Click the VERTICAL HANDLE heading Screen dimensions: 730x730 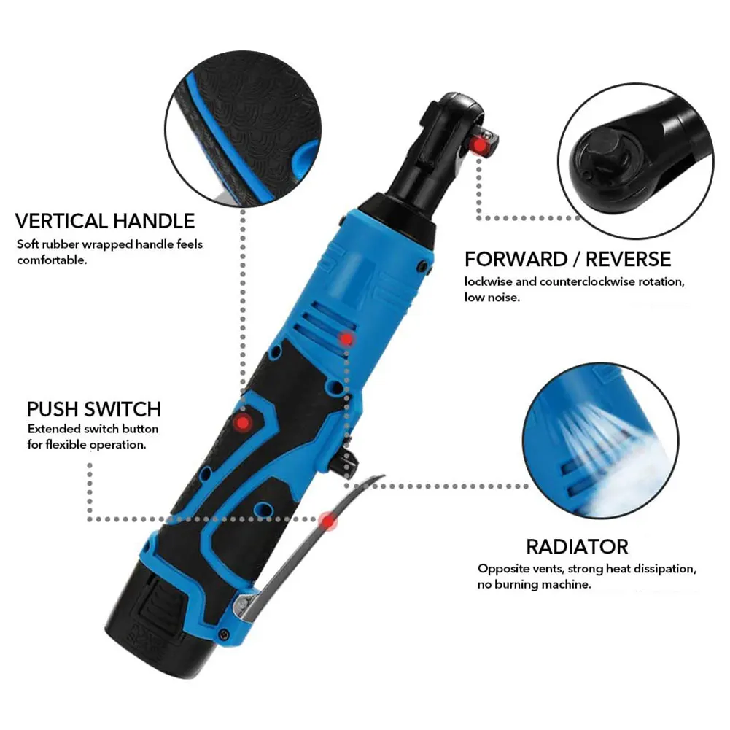coord(105,220)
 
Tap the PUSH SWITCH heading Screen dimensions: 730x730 coord(94,408)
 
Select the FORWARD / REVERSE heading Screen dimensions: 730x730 coord(567,259)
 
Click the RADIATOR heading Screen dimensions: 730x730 coord(577,546)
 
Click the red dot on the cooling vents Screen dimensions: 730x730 coord(347,339)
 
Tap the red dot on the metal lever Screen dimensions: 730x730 coord(330,521)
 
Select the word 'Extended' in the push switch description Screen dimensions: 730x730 coord(52,429)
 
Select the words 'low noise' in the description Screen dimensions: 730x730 coord(492,297)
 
